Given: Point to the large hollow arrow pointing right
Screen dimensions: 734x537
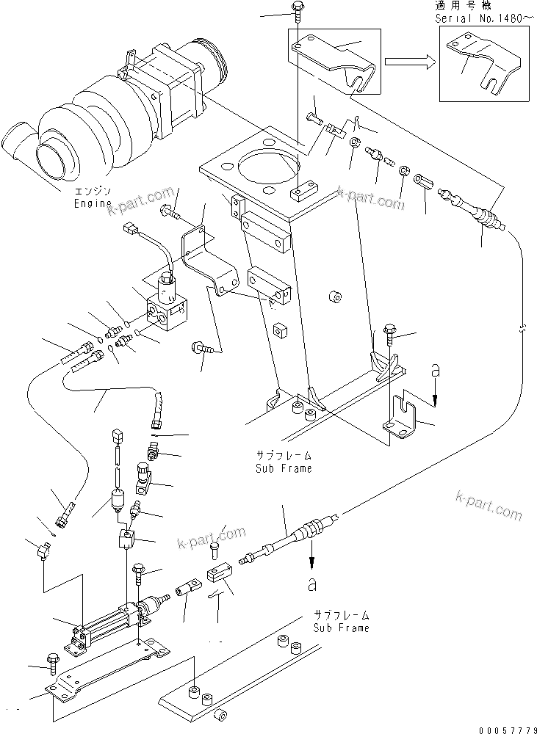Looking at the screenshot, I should (x=407, y=61).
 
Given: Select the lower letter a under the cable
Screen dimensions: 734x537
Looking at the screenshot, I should (x=313, y=585).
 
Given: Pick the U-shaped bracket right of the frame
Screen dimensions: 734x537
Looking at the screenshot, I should (x=403, y=418).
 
